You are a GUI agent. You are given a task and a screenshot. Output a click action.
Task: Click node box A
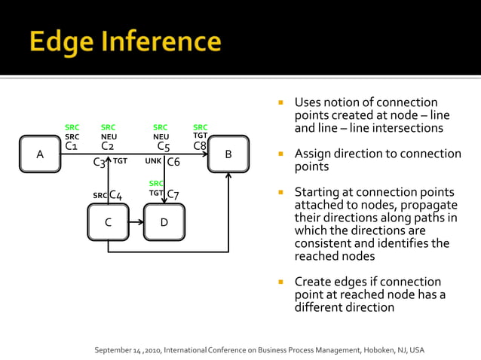click(x=40, y=154)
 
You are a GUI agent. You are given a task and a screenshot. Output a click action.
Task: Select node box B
click(x=228, y=154)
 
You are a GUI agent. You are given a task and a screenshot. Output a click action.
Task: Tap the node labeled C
click(x=108, y=222)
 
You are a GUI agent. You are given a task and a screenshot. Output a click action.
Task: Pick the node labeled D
click(x=164, y=222)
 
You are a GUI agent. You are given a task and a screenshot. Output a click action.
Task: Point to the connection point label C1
click(x=71, y=146)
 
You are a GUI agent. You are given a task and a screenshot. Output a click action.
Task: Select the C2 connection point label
click(x=107, y=146)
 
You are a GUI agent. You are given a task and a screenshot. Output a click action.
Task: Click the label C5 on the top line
click(x=163, y=147)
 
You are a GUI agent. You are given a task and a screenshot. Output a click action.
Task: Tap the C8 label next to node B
click(x=200, y=146)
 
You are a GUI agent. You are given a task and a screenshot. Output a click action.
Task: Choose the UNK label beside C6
click(x=153, y=161)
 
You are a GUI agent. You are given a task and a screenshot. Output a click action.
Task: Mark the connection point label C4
click(x=115, y=195)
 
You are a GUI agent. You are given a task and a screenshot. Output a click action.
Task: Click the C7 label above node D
click(x=173, y=194)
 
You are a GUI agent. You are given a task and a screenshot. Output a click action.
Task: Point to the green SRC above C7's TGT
click(x=156, y=184)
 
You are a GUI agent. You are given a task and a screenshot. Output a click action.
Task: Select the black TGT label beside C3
click(x=120, y=161)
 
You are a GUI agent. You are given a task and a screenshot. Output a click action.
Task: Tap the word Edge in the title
click(x=60, y=42)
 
